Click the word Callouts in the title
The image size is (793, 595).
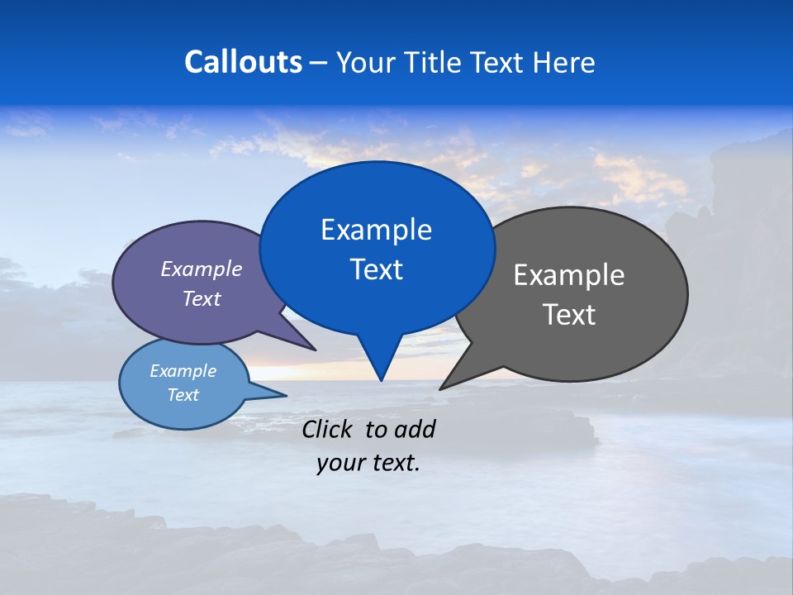tap(243, 62)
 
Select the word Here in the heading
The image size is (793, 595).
tap(565, 62)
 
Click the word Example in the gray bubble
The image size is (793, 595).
tap(569, 274)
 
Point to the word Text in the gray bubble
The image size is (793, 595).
tap(569, 314)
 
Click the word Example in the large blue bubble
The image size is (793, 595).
tap(376, 229)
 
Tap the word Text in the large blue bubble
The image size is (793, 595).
tap(376, 269)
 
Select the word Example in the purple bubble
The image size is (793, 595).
tap(202, 269)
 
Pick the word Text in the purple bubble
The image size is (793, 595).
tap(202, 298)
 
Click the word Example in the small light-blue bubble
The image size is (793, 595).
tap(183, 371)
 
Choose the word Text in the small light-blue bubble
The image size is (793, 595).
tap(183, 395)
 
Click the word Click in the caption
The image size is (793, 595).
tap(328, 429)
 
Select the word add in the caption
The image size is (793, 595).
tap(415, 429)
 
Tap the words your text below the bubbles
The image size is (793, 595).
tap(368, 463)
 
